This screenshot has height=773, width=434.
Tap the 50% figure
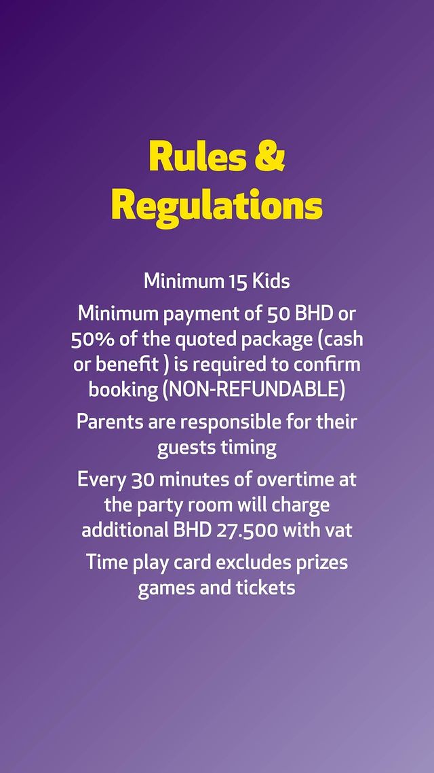click(90, 340)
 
